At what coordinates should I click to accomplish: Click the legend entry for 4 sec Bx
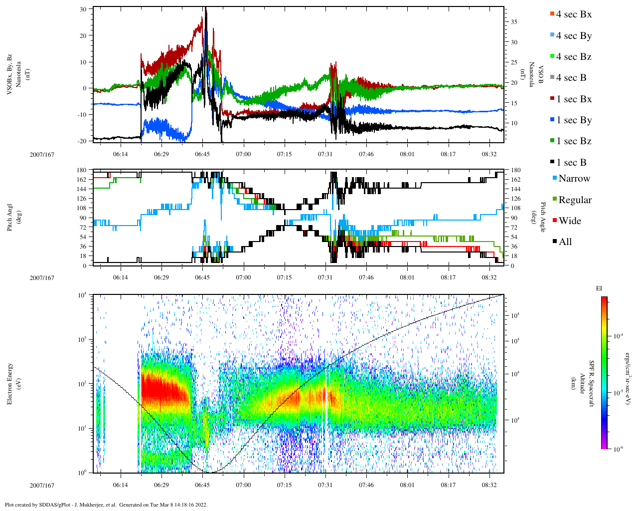click(x=573, y=14)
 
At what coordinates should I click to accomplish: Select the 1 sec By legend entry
click(x=573, y=120)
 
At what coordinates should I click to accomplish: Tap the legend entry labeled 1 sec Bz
click(x=573, y=141)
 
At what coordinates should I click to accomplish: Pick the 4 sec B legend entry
click(x=571, y=78)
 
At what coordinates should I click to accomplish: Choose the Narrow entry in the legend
click(x=574, y=179)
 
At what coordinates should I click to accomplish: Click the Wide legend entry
click(x=570, y=221)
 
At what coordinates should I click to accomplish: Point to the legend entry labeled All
click(x=565, y=242)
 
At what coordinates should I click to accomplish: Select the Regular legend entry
click(x=574, y=200)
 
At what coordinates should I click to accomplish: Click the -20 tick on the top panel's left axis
click(x=82, y=141)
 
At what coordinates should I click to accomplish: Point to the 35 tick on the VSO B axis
click(x=514, y=22)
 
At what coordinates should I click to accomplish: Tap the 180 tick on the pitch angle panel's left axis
click(x=82, y=170)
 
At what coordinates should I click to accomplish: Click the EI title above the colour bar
click(x=599, y=288)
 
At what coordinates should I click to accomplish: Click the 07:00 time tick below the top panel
click(x=243, y=154)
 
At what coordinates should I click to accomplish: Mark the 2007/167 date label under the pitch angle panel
click(x=42, y=278)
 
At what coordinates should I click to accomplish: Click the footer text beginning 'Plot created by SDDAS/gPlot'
click(x=106, y=505)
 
